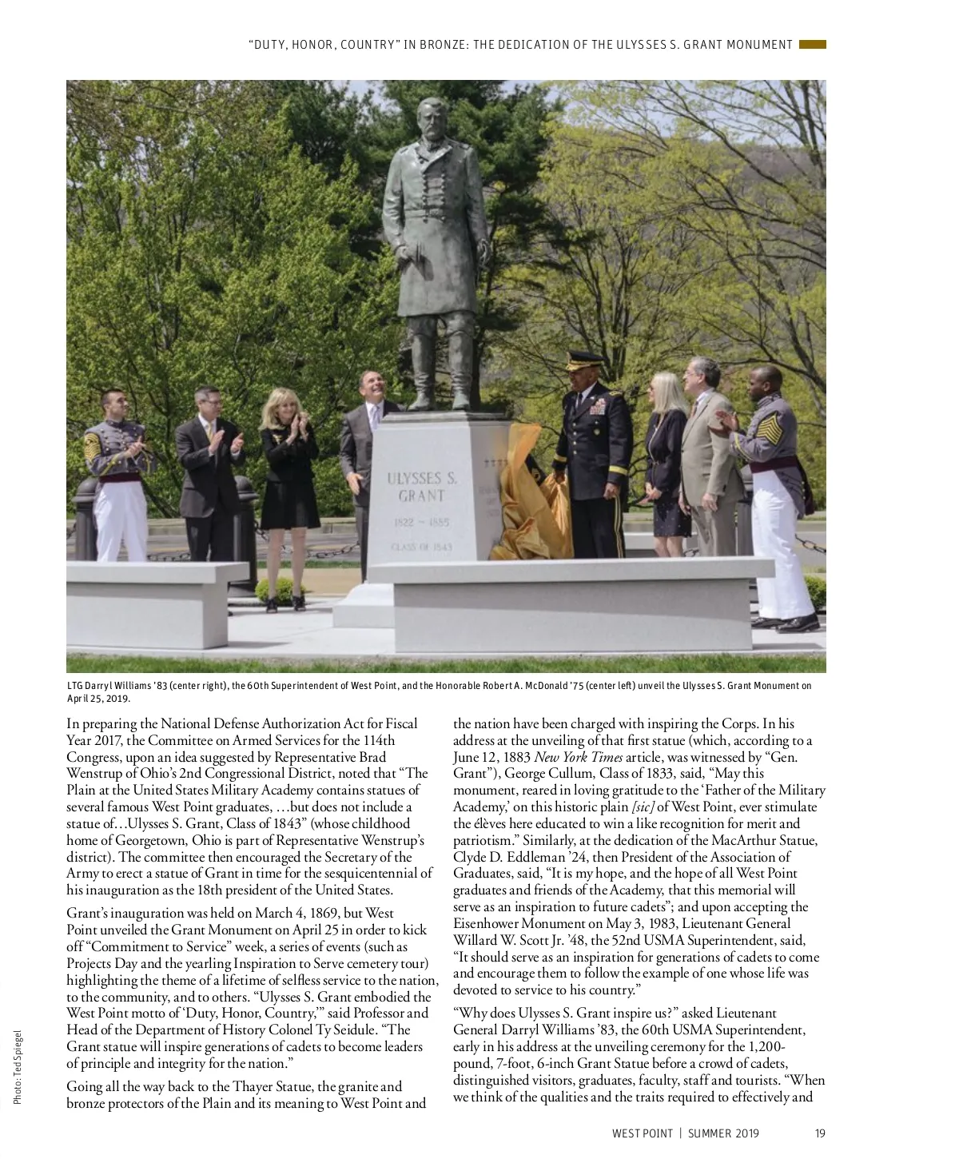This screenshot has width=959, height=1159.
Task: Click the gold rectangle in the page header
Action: [x=812, y=45]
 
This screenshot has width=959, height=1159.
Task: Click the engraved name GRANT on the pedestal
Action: [x=421, y=496]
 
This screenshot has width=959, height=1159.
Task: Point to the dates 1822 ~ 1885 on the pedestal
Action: [x=421, y=522]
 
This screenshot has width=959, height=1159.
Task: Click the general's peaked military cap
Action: [x=584, y=360]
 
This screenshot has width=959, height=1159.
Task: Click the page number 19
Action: [x=820, y=1133]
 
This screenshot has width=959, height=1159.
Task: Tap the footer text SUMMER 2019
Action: [x=723, y=1133]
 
